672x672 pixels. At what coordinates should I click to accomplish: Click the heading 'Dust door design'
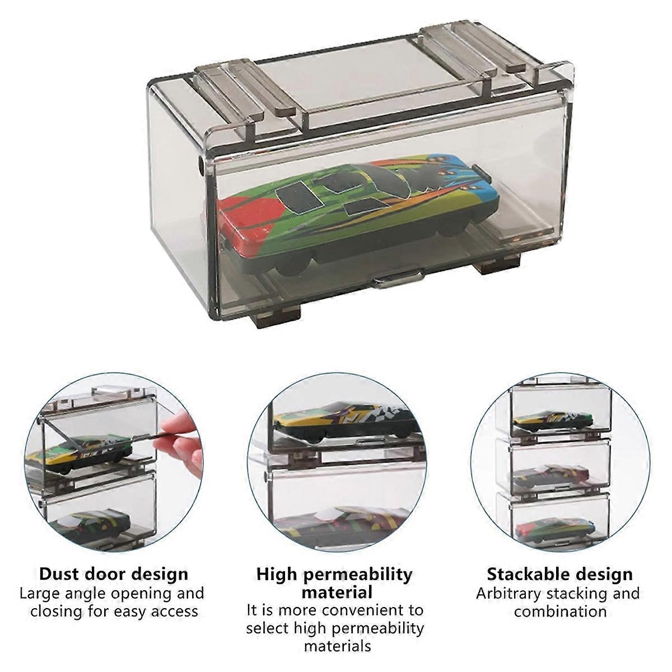click(114, 574)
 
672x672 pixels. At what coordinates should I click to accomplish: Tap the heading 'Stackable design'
click(559, 574)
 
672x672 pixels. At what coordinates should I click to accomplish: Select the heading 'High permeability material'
click(334, 582)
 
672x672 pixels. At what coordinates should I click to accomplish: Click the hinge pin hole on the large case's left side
click(200, 166)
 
